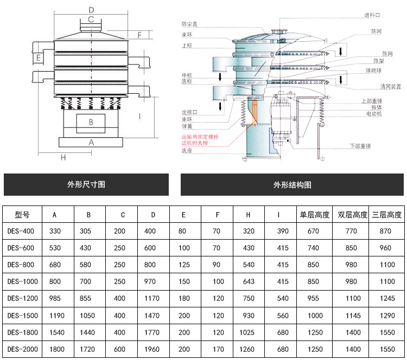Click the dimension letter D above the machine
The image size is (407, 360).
pos(91,9)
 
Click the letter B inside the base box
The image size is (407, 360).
pos(91,122)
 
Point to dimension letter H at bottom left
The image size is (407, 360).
pos(63,158)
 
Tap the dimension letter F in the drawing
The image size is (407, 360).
pos(139,35)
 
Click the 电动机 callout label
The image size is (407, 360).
pos(373,114)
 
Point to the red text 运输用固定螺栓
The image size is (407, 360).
pos(199,138)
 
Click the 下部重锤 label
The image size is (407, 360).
pos(360,146)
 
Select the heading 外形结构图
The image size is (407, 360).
pos(292,184)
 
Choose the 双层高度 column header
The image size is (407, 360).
pos(352,215)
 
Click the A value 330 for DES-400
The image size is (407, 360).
pos(55,232)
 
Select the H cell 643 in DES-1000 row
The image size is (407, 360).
pos(248,282)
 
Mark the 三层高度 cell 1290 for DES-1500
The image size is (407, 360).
pos(386,316)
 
